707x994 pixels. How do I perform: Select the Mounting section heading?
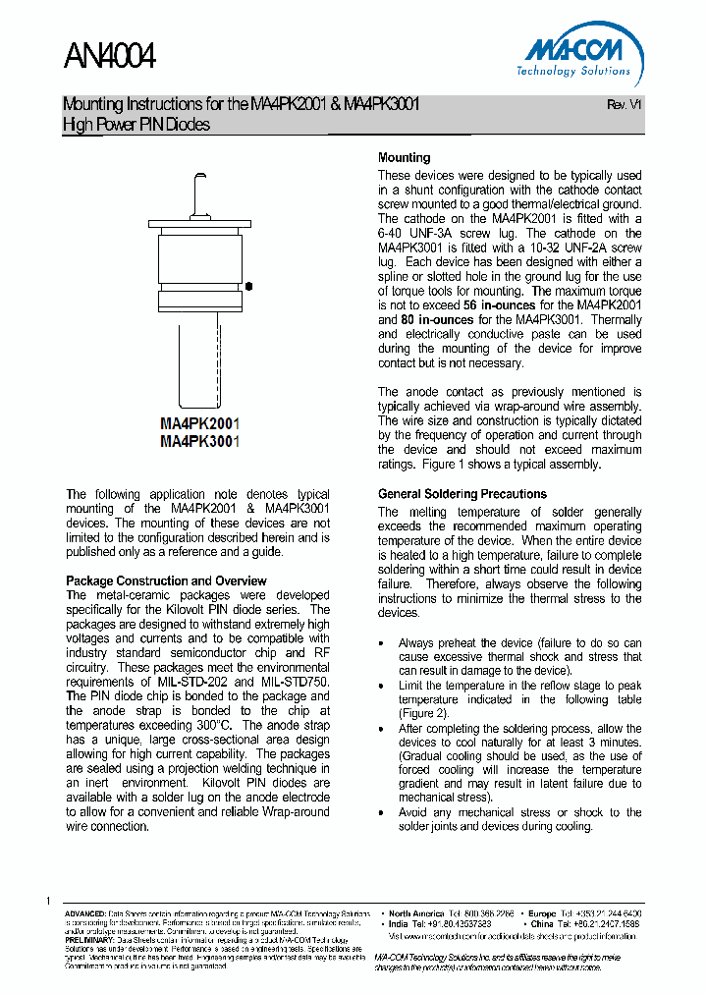click(x=404, y=157)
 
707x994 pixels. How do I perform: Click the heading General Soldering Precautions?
click(x=462, y=494)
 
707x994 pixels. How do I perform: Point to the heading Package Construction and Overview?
click(x=166, y=580)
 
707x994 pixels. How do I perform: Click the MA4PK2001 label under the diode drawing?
click(x=200, y=424)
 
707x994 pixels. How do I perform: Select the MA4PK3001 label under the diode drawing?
click(x=200, y=442)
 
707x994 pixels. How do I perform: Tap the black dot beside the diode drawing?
click(x=249, y=286)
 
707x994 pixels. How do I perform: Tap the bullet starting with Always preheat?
click(x=519, y=644)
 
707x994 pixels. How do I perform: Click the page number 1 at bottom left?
click(x=47, y=901)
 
